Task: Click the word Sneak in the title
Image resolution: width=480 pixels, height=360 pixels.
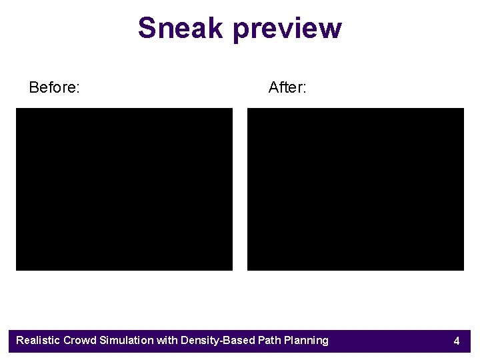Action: (x=181, y=28)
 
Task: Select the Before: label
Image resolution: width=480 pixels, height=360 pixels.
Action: (x=55, y=87)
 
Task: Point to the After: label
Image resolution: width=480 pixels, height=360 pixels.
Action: (x=287, y=87)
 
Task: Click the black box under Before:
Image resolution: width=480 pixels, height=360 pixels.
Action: (x=124, y=189)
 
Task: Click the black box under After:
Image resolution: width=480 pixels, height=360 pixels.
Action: (x=355, y=189)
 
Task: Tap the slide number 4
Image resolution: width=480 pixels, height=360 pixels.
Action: (x=457, y=341)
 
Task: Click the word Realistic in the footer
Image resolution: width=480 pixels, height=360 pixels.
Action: (x=38, y=341)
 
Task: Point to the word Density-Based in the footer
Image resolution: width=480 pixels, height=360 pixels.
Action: (x=214, y=341)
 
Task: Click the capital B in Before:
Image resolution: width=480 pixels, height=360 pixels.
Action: (x=34, y=87)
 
